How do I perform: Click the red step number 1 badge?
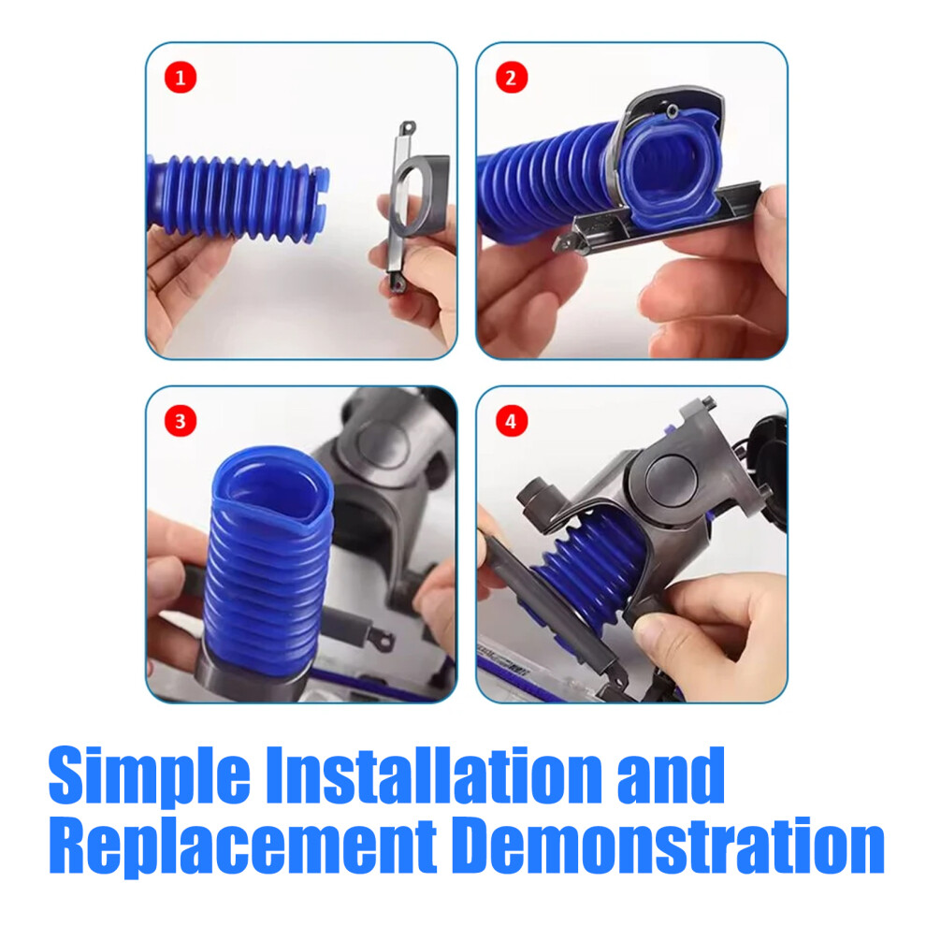click(181, 78)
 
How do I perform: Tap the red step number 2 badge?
click(511, 78)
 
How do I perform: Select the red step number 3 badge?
click(181, 422)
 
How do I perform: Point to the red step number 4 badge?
click(511, 422)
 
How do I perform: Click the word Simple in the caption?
click(150, 776)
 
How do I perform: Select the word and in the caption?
click(671, 774)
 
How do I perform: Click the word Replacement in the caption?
click(242, 847)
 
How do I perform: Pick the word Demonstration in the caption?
click(672, 845)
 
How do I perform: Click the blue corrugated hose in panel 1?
click(237, 198)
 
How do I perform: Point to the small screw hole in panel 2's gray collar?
click(673, 110)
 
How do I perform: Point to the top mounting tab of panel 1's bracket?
click(408, 128)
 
